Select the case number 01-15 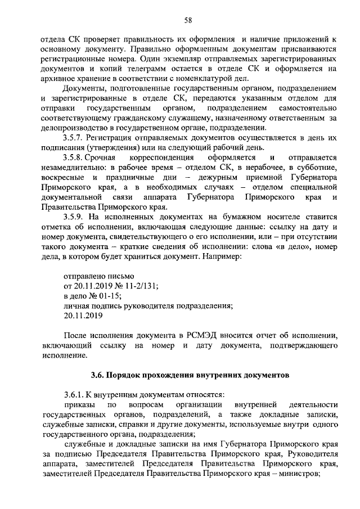tap(109, 296)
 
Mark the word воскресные tap(62, 178)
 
